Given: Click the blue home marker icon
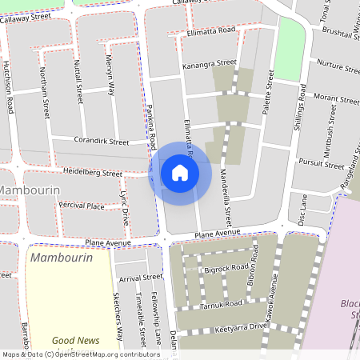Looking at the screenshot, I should tap(180, 172).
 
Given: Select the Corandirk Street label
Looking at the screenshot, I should tap(102, 142).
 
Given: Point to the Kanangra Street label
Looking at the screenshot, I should tap(210, 63).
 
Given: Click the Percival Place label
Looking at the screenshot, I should tap(82, 206).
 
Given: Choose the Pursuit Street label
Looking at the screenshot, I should tap(322, 164).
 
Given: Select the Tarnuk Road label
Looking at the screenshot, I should tap(222, 305).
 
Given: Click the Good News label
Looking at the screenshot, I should tap(76, 341).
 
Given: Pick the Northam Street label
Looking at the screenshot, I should tap(45, 92).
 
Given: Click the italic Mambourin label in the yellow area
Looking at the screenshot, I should tap(60, 258).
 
